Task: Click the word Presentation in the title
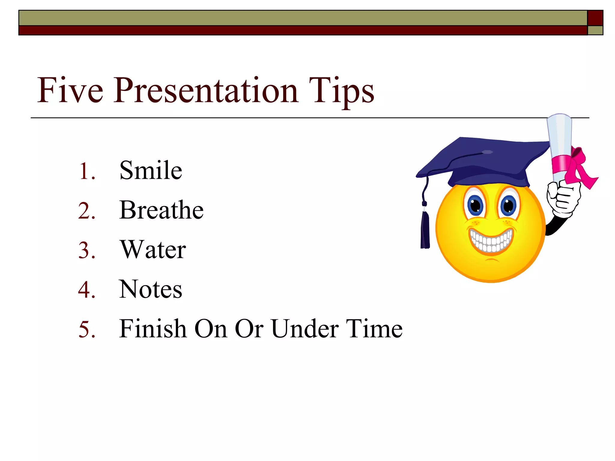tap(206, 91)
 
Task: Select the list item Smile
tap(151, 170)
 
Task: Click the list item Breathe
tap(161, 210)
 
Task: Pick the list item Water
tap(153, 250)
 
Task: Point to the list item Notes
tap(150, 289)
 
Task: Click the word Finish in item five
tap(153, 329)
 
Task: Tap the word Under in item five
tap(304, 329)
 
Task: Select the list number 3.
tap(86, 250)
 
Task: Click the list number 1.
tap(86, 171)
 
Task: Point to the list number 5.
tap(86, 330)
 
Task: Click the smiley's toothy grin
tap(491, 240)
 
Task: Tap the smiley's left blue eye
tap(475, 206)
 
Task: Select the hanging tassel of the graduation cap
tap(425, 230)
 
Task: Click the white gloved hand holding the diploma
tap(563, 198)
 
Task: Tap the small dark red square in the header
tap(595, 18)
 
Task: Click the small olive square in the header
tap(595, 30)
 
